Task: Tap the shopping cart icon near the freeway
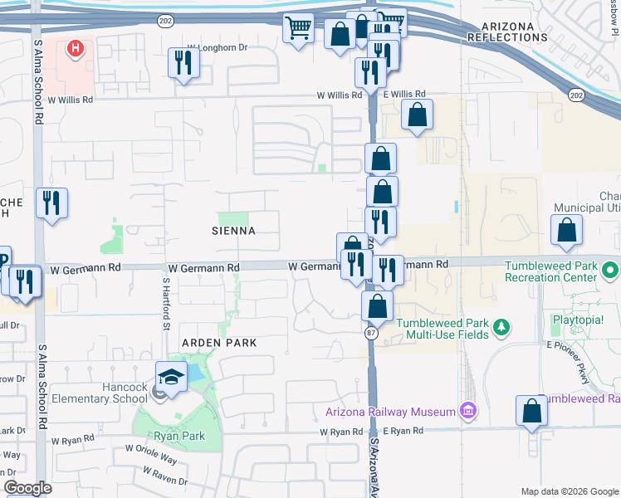298,28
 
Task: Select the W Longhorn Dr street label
218,48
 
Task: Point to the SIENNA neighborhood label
234,230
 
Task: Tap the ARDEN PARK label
220,342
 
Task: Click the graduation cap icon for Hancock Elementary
172,377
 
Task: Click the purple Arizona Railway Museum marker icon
468,410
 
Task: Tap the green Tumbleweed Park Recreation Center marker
611,271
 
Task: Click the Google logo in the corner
27,488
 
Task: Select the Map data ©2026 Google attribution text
570,491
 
